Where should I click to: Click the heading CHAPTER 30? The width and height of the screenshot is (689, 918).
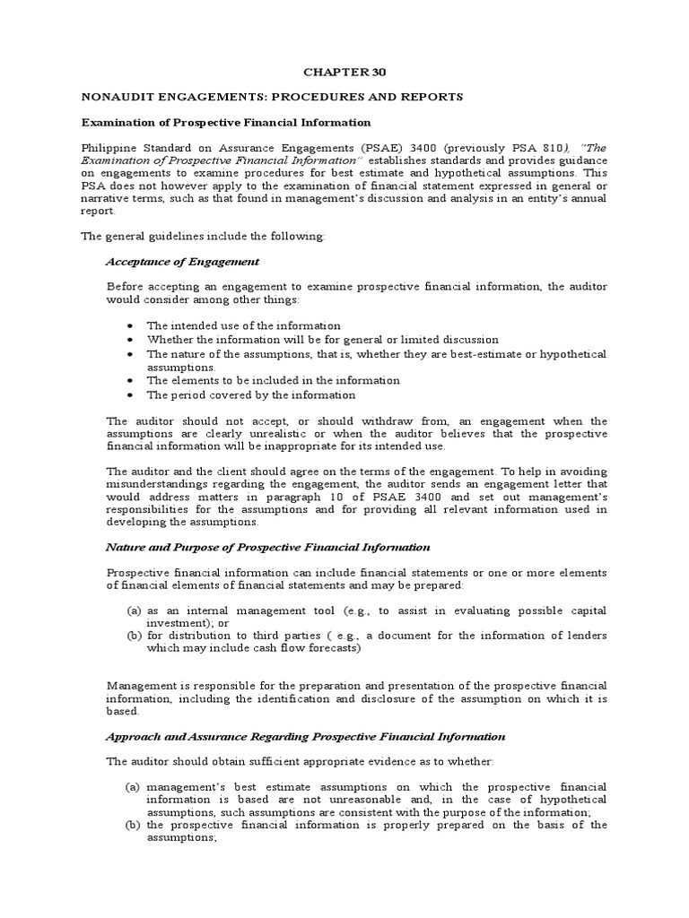[x=344, y=71]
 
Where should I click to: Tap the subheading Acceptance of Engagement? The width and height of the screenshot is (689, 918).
[x=182, y=261]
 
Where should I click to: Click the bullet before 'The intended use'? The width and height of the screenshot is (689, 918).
[x=132, y=325]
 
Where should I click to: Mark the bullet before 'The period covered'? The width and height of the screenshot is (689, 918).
[x=132, y=394]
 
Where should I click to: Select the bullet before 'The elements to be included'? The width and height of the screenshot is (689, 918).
[x=132, y=380]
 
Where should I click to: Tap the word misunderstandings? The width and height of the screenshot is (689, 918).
[x=161, y=483]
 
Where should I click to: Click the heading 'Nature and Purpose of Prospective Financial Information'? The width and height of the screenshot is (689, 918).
[x=268, y=547]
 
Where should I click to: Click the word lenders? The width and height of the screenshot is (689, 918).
[x=582, y=636]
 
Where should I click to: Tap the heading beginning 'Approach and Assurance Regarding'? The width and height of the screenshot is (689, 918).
[x=306, y=736]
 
